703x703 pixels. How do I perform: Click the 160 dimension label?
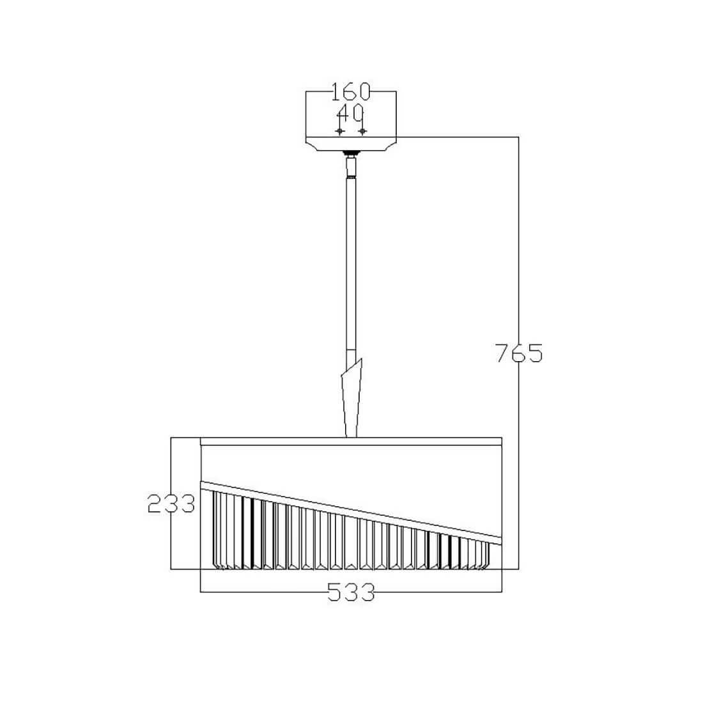tap(351, 92)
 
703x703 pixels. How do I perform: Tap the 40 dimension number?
tap(350, 113)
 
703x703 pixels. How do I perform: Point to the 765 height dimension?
tap(519, 353)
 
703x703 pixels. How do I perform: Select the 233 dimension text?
tap(171, 504)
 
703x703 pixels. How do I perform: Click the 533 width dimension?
tap(351, 592)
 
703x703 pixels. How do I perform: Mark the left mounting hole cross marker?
tap(340, 132)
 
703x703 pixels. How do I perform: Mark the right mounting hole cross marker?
tap(362, 132)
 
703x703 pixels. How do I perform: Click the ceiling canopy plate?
tap(351, 143)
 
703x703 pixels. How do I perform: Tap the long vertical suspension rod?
tap(351, 265)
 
